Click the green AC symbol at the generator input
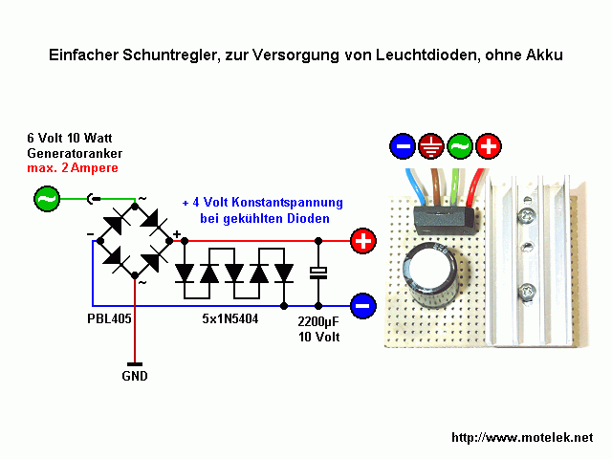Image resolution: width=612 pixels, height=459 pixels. pyautogui.click(x=45, y=199)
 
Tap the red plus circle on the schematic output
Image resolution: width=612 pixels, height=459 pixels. pyautogui.click(x=363, y=241)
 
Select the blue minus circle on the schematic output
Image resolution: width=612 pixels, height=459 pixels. pyautogui.click(x=363, y=306)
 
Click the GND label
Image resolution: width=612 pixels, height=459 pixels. pyautogui.click(x=135, y=376)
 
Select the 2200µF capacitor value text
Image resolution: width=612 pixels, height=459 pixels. pyautogui.click(x=319, y=323)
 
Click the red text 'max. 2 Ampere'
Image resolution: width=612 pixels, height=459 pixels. pyautogui.click(x=73, y=169)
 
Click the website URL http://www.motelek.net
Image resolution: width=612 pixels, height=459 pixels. pyautogui.click(x=521, y=437)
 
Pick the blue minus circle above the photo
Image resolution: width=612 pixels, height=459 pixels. pyautogui.click(x=403, y=146)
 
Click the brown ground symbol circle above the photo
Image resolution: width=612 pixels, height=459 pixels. pyautogui.click(x=431, y=146)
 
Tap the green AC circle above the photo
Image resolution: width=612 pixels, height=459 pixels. pyautogui.click(x=460, y=146)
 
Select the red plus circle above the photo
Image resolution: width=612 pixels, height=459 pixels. pyautogui.click(x=489, y=146)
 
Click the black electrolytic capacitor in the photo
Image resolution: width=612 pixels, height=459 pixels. pyautogui.click(x=434, y=277)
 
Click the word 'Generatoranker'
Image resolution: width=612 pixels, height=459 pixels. pyautogui.click(x=75, y=153)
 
